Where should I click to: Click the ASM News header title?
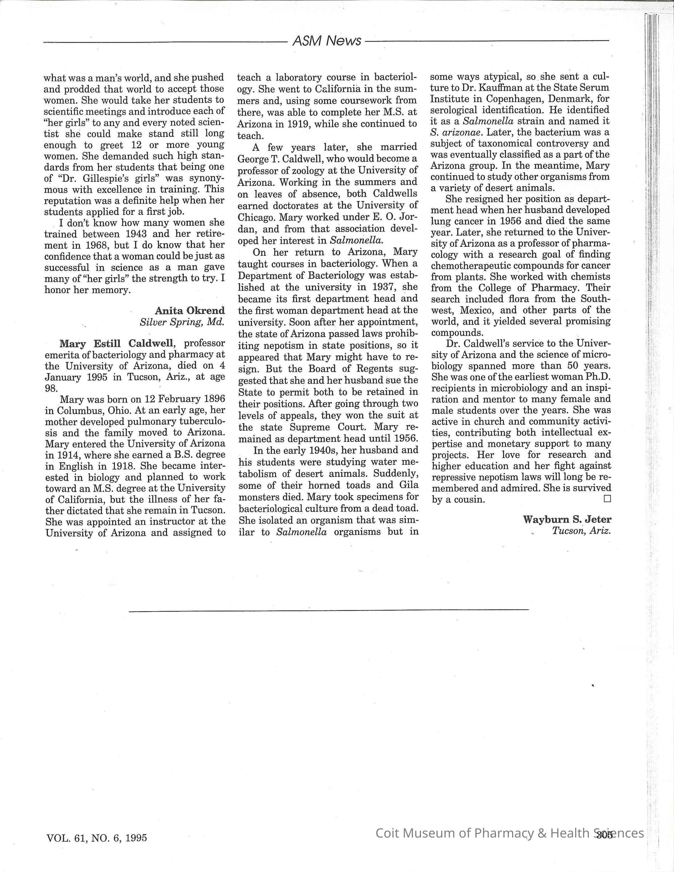point(326,40)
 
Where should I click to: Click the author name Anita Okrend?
point(190,310)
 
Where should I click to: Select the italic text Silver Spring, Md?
point(182,322)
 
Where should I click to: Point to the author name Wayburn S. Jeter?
point(567,519)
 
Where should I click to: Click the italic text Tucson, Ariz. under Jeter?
point(581,531)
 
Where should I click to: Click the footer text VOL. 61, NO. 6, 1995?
point(97,838)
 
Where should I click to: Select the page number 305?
point(605,834)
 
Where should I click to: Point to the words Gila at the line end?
point(407,485)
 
